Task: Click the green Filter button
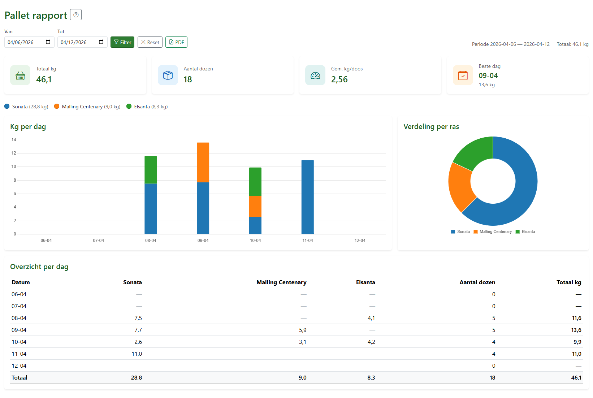point(122,42)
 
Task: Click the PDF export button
point(176,42)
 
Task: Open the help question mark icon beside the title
point(76,15)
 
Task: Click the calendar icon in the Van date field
point(48,42)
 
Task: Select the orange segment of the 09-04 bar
point(203,163)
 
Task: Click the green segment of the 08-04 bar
point(151,170)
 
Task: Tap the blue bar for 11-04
point(308,197)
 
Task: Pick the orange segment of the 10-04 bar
point(255,206)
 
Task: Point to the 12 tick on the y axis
point(14,153)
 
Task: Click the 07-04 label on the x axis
point(99,241)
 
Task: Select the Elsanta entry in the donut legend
point(525,232)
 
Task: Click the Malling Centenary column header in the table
point(281,282)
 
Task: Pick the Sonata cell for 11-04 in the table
point(137,354)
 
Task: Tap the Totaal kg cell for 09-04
point(576,330)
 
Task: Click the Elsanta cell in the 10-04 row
point(371,342)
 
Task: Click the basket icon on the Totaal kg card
point(20,75)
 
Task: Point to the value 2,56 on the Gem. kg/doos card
point(339,79)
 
